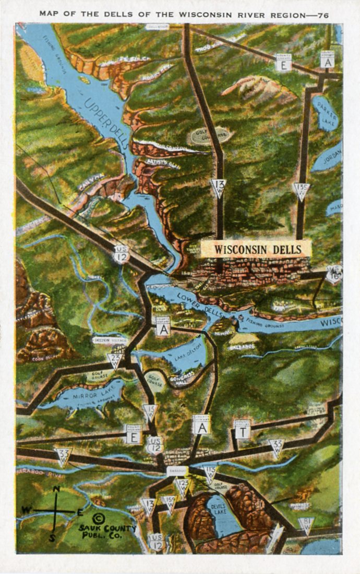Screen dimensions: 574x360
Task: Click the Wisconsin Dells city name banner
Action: pyautogui.click(x=258, y=249)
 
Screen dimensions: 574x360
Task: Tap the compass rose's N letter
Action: pyautogui.click(x=56, y=489)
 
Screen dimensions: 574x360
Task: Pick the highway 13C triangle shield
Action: pyautogui.click(x=301, y=191)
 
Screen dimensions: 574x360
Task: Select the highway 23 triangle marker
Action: pyautogui.click(x=115, y=359)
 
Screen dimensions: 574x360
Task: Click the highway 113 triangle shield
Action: pyautogui.click(x=210, y=472)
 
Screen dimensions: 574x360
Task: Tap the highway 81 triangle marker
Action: pyautogui.click(x=306, y=525)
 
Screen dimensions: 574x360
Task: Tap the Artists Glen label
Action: pyautogui.click(x=163, y=166)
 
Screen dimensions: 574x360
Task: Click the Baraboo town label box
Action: pyautogui.click(x=175, y=470)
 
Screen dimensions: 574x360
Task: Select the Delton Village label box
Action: pyautogui.click(x=110, y=340)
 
